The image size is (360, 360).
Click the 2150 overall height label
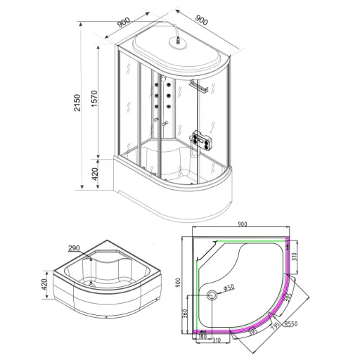[x=77, y=103]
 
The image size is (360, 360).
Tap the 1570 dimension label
[x=94, y=98]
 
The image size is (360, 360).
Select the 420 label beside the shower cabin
[x=95, y=174]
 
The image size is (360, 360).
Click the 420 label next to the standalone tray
[x=44, y=284]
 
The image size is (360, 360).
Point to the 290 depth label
[x=74, y=247]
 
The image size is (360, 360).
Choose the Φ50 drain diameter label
[x=229, y=288]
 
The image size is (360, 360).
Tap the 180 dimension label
[x=202, y=336]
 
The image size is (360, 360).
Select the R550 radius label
[x=291, y=323]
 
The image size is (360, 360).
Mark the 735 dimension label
[x=275, y=326]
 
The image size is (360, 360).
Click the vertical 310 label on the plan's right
[x=295, y=257]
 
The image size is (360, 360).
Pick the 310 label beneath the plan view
[x=217, y=340]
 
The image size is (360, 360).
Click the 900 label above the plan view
[x=242, y=224]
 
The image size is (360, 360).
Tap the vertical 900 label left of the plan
[x=178, y=283]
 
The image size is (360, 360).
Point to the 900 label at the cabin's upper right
[x=202, y=20]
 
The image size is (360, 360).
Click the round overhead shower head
[x=178, y=44]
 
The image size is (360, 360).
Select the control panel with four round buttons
[x=202, y=140]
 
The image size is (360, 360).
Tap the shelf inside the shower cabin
[x=198, y=86]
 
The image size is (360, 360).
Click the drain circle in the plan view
[x=212, y=295]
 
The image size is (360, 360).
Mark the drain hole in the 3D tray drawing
[x=91, y=285]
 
